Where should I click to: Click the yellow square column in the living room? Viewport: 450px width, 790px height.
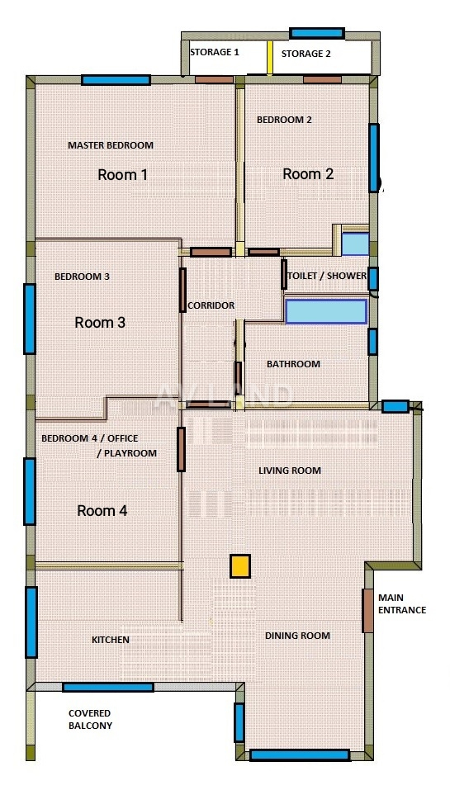click(240, 565)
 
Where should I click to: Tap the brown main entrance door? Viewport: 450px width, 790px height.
click(368, 610)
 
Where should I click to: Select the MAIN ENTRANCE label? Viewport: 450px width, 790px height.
click(401, 603)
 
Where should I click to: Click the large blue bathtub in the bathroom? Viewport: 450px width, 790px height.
click(325, 311)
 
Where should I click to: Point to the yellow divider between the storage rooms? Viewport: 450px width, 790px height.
click(270, 58)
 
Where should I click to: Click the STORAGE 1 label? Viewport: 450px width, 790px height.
click(214, 52)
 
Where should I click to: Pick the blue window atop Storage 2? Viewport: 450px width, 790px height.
click(317, 33)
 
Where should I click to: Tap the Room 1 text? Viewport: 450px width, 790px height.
click(122, 175)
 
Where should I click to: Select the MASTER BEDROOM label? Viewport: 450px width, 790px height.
click(111, 145)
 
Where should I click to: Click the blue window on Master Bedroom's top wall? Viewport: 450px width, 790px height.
click(116, 80)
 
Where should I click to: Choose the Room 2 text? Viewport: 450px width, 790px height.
click(308, 174)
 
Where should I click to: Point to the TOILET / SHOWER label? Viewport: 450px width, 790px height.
click(326, 276)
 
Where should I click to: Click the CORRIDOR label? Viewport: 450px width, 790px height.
click(211, 305)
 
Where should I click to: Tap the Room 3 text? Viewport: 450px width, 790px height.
click(100, 323)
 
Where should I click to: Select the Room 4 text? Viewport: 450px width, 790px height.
click(102, 511)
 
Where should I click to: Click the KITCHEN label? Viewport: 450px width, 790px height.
click(111, 640)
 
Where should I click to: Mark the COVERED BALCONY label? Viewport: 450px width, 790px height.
click(90, 720)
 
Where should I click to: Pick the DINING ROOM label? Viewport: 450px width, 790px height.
click(297, 636)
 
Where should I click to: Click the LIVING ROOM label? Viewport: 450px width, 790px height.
click(290, 471)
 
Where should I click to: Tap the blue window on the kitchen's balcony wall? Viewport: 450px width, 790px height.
click(108, 687)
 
